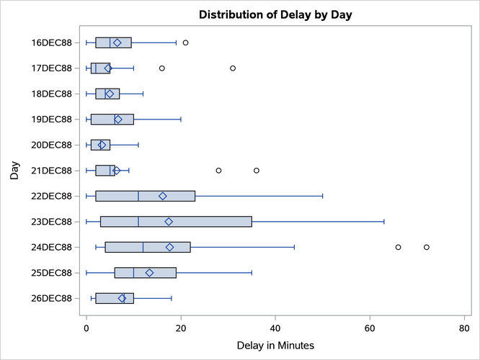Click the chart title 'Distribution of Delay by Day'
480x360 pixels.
tap(275, 14)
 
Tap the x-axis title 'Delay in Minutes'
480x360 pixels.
tap(275, 346)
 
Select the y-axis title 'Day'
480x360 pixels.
tap(15, 171)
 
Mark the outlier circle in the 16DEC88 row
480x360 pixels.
tap(185, 42)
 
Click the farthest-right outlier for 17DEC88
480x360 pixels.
tap(233, 68)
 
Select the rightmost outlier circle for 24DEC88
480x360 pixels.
tap(427, 247)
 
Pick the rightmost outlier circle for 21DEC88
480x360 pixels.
tap(257, 171)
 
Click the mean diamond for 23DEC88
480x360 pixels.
tap(169, 222)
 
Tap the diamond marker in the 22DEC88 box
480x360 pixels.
tap(163, 196)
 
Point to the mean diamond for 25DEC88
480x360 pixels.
tap(149, 273)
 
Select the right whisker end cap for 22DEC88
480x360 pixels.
tap(323, 196)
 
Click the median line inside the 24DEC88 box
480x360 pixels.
tap(143, 247)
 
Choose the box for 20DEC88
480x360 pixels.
tap(100, 145)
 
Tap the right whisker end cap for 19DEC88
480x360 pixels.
tap(181, 120)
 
